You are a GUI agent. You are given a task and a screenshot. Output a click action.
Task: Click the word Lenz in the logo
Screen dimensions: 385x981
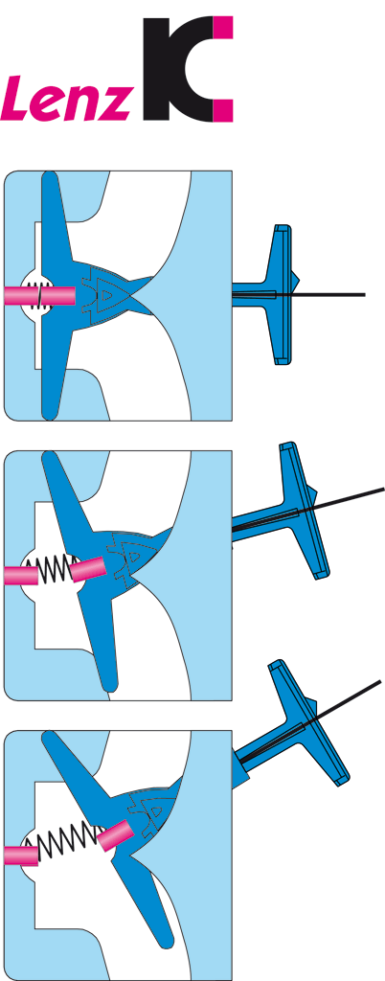tap(66, 99)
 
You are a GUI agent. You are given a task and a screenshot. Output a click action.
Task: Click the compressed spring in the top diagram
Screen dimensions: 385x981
tap(41, 295)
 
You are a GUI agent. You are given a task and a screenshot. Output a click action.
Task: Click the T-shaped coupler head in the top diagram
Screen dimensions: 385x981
tap(283, 294)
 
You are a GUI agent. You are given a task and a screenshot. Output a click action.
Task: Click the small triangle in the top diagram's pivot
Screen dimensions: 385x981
tap(108, 293)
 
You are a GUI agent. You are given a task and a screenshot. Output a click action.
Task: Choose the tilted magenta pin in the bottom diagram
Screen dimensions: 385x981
tap(115, 836)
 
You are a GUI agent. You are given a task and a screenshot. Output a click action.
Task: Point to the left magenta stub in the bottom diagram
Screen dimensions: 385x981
tap(21, 856)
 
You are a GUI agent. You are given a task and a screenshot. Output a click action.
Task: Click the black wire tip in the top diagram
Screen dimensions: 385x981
tap(364, 294)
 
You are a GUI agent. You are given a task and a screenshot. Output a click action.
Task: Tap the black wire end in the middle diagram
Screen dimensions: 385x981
tap(382, 489)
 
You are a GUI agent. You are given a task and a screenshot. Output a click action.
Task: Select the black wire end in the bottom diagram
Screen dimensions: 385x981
tap(379, 681)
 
